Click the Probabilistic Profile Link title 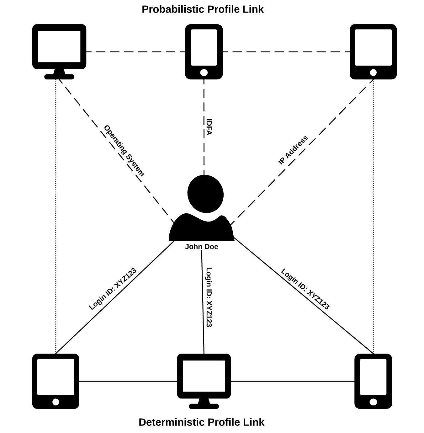coord(203,9)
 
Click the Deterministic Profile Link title coord(201,422)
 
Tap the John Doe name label coord(201,247)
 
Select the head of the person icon coord(205,194)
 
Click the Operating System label coord(124,151)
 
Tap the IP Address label coord(293,150)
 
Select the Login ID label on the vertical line coord(209,297)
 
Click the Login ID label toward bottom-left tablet coord(113,289)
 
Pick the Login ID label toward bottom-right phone coord(305,289)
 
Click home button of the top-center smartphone coord(204,73)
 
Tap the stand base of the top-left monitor coord(59,77)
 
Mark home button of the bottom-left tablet coord(56,402)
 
